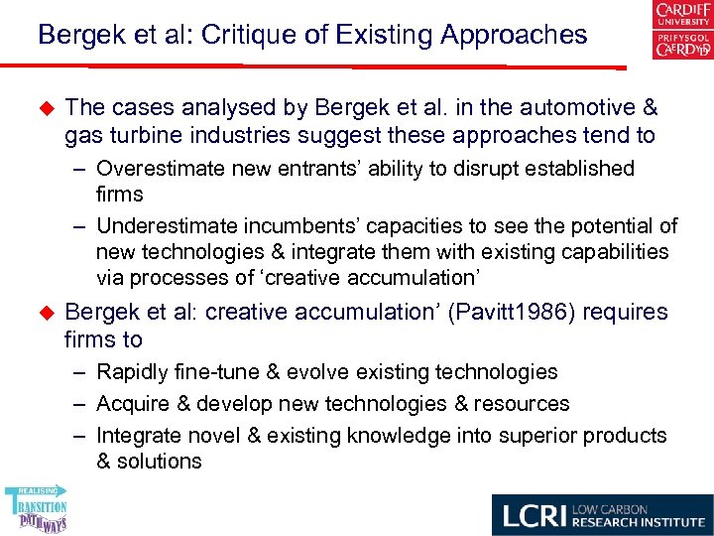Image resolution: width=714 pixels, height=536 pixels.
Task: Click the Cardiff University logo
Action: click(681, 31)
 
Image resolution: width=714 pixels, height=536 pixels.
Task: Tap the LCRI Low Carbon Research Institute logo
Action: click(602, 515)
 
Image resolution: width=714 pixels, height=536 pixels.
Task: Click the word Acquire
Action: click(134, 404)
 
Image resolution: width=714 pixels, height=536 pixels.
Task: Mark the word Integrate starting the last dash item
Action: click(137, 436)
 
